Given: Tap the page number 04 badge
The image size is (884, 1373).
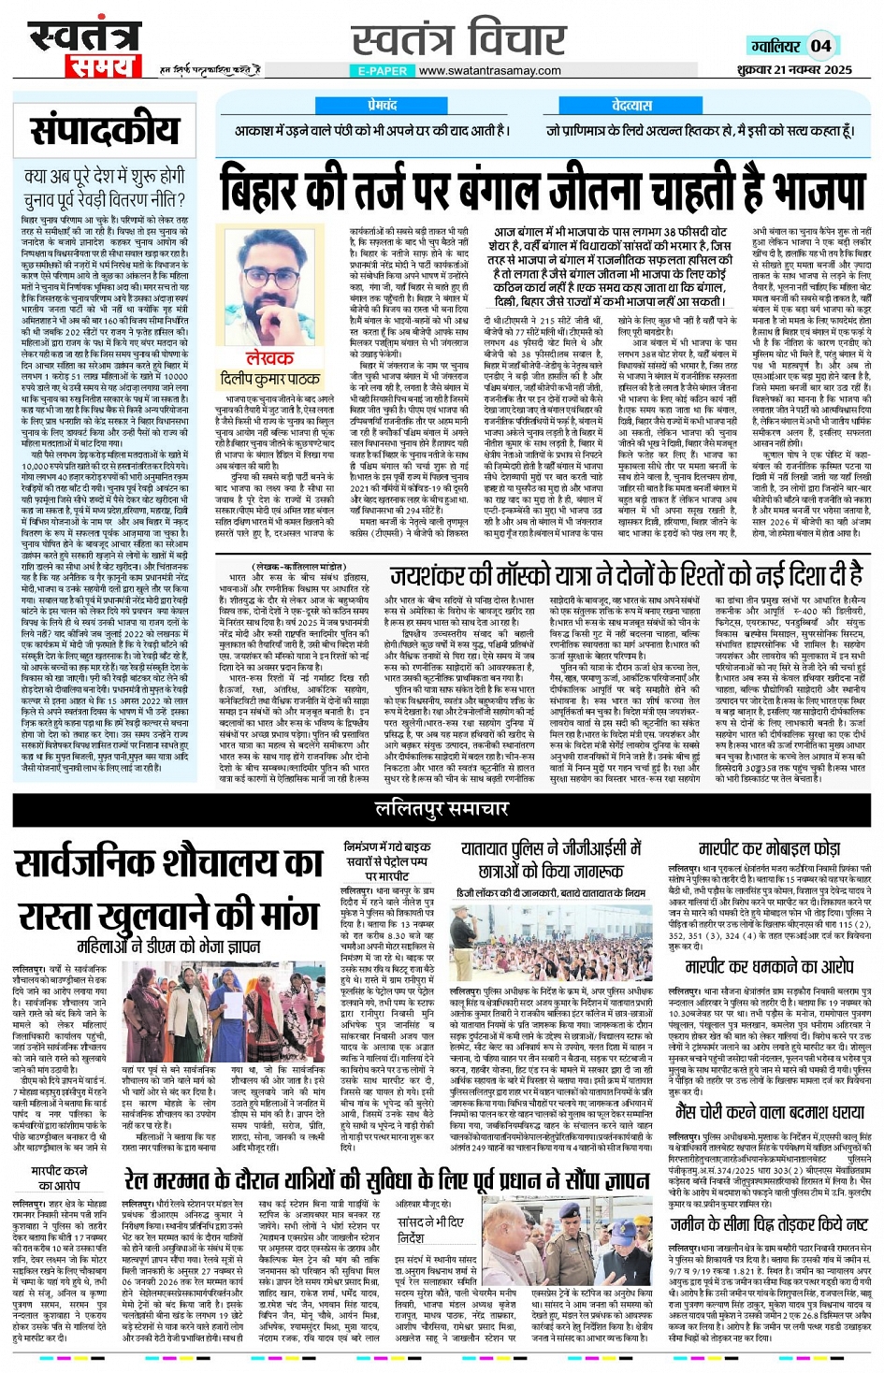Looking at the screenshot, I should coord(820,45).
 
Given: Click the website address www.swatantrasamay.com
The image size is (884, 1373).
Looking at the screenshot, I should coord(490,70).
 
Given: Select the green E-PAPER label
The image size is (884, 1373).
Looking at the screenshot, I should coord(382,70).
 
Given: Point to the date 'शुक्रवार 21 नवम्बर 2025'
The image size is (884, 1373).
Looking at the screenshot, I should coord(794,69).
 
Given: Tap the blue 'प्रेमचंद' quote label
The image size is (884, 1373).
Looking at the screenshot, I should coord(382,105).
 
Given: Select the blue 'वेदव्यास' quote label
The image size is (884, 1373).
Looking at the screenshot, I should coord(632,105).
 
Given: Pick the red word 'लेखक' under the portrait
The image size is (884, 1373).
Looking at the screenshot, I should coord(269,357).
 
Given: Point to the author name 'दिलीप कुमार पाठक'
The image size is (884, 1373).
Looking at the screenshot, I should coord(269,379).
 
